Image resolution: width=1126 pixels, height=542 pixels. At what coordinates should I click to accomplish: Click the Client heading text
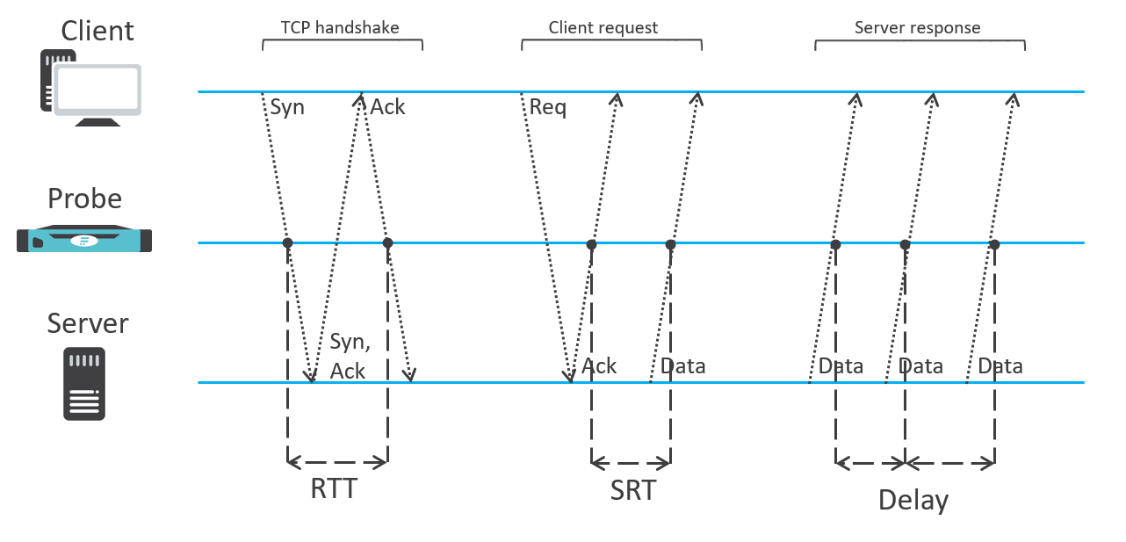click(97, 31)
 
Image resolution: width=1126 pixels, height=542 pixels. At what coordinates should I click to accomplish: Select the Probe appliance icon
click(84, 240)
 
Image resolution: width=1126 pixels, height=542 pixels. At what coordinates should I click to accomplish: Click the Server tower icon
click(84, 383)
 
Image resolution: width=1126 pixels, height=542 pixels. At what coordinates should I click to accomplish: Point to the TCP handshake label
click(340, 28)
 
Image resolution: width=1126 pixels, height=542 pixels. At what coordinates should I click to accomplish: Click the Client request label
click(603, 28)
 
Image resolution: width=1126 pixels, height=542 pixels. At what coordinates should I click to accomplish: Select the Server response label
click(917, 28)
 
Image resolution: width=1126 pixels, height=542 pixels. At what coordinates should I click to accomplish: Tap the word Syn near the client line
click(287, 107)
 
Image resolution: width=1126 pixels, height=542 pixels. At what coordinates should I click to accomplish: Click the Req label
click(548, 108)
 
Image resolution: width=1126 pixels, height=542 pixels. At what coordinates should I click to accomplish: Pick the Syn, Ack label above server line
click(348, 357)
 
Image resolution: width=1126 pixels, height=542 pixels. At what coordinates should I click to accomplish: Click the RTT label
click(335, 488)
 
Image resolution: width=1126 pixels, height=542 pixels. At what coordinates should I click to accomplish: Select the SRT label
click(633, 490)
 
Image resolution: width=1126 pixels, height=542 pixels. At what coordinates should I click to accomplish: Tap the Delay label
click(913, 501)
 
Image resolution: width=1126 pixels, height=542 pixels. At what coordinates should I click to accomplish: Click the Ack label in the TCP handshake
click(387, 107)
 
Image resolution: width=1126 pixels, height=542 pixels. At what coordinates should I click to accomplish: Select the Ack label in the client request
click(600, 365)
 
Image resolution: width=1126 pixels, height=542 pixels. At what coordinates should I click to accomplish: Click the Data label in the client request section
click(682, 365)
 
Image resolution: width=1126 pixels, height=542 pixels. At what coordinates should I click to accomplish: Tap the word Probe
click(84, 199)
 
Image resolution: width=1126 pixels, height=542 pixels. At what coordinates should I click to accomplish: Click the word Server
click(88, 323)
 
